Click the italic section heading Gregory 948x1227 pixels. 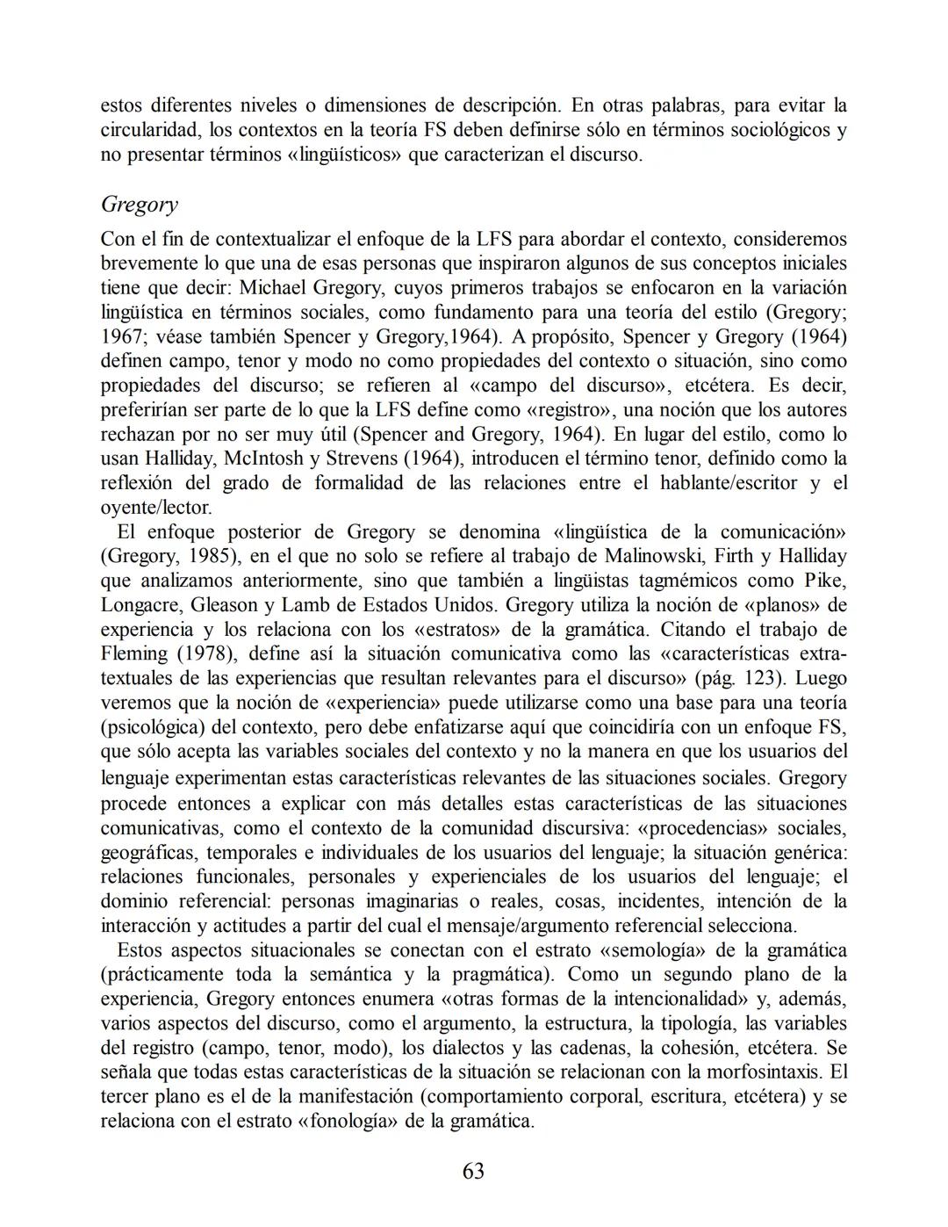tap(140, 205)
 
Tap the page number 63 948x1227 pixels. tap(473, 1172)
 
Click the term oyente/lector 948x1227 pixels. tap(156, 508)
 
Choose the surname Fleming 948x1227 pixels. tap(134, 654)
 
